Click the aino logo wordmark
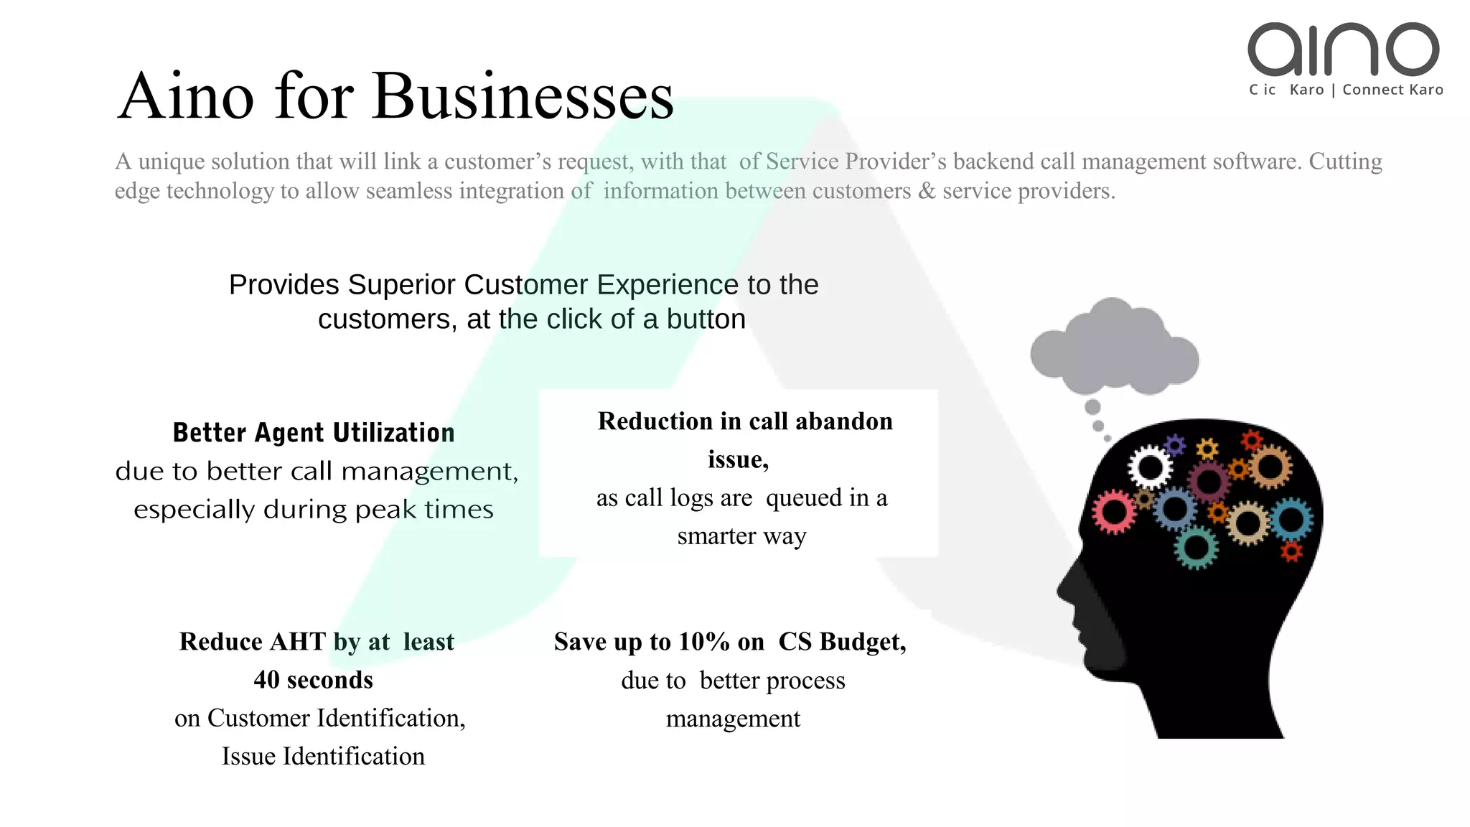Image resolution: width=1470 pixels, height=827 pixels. coord(1343,49)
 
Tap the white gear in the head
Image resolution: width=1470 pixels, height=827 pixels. coord(1150,468)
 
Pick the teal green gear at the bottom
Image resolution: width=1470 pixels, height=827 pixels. coord(1196,548)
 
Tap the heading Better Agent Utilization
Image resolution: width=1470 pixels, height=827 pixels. coord(314,433)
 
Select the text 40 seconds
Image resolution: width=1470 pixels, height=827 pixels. coord(313,680)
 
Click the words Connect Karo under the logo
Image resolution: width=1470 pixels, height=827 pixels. coord(1392,90)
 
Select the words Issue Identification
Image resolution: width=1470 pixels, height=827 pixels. coord(323,756)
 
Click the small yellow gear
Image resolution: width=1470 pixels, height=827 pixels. coord(1207,450)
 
